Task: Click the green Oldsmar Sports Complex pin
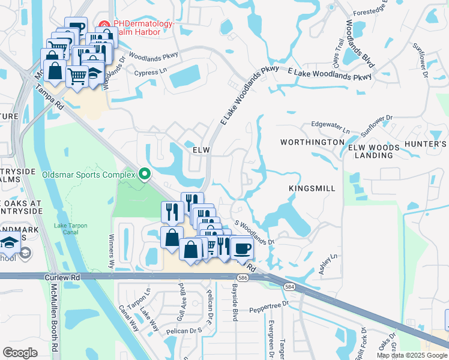coord(144,175)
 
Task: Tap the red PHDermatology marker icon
coord(106,25)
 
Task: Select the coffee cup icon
coord(242,248)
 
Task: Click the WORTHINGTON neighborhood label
coord(312,142)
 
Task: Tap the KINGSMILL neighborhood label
coord(312,188)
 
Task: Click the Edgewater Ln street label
coord(330,127)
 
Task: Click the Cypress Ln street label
coord(151,72)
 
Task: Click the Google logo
coord(20,352)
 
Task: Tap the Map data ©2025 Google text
coord(411,355)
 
